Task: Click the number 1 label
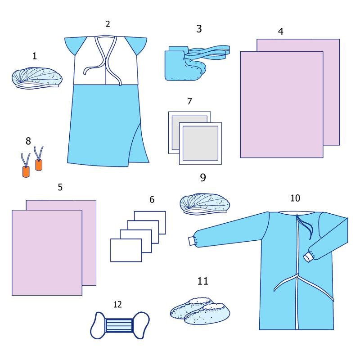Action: click(x=35, y=56)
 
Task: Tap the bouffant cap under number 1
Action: click(x=37, y=77)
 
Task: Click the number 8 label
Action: click(x=28, y=141)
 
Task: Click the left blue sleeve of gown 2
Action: click(x=74, y=46)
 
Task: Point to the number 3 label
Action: click(x=199, y=29)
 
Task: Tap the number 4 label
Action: click(x=280, y=31)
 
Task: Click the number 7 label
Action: click(x=189, y=101)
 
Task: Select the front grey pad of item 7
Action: click(x=200, y=143)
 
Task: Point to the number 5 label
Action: click(x=60, y=187)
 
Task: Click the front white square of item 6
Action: click(x=126, y=250)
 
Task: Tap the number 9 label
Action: click(x=203, y=177)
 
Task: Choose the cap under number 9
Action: click(x=205, y=203)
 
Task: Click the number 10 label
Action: click(x=295, y=198)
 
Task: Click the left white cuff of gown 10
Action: click(x=192, y=241)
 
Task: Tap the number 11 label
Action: click(x=203, y=281)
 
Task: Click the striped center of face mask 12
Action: click(x=119, y=325)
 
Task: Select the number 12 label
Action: click(x=117, y=305)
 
